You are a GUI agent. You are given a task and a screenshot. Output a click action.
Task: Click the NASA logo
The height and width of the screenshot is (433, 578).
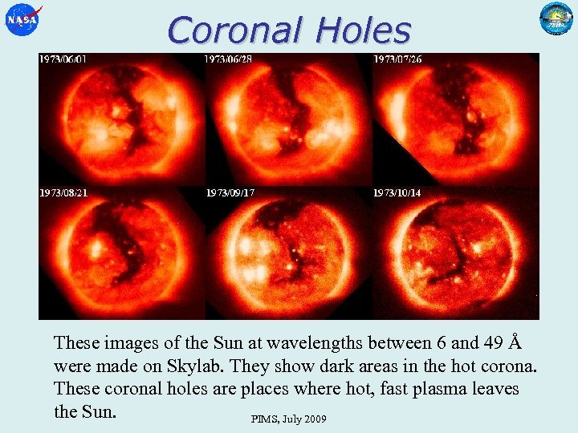(22, 20)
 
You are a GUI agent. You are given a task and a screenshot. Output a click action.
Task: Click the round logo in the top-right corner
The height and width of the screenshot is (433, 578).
(556, 19)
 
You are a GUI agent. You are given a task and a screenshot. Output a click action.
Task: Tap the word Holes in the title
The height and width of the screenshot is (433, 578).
(363, 30)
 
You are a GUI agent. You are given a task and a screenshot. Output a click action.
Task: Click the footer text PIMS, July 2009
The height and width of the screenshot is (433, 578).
(288, 419)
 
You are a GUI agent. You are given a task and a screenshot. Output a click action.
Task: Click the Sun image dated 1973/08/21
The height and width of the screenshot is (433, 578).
(120, 253)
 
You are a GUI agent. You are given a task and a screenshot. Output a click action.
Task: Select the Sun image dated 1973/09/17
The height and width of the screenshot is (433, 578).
(287, 253)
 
